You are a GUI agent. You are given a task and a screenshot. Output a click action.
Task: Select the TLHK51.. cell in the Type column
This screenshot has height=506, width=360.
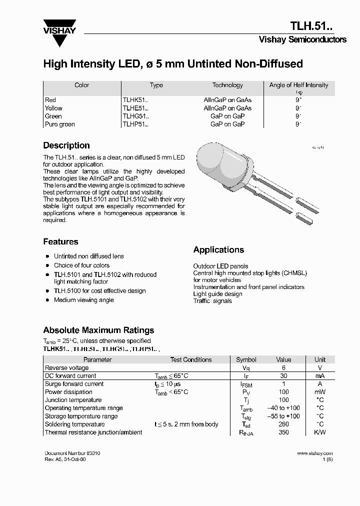pos(135,100)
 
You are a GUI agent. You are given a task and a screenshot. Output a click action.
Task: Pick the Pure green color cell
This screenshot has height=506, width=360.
pos(59,124)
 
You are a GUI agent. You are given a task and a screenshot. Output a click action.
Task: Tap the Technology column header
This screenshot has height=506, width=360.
pos(227,85)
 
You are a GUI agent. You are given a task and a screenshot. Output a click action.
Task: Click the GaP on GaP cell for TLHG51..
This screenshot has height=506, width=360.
pos(227,116)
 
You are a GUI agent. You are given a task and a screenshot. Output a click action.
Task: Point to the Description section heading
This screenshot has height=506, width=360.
pos(66,145)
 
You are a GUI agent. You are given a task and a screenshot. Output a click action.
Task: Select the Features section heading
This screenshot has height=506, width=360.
pos(60,241)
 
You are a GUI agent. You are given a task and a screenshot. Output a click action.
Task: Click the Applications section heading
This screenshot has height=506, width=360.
pos(218,249)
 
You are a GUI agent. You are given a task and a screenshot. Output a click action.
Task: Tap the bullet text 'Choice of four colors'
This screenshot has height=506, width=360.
pos(81,265)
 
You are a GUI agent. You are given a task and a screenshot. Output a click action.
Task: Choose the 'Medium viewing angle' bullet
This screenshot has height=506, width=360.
pos(83,300)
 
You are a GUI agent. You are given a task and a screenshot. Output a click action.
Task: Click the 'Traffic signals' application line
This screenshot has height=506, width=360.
pos(212,301)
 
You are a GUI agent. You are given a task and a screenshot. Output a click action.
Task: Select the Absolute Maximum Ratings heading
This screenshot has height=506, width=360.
pos(98,330)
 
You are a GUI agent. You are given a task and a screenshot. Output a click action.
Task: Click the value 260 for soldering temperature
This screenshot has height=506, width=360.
pos(283,424)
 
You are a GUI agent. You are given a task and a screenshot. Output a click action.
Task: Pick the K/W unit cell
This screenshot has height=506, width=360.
pos(319,432)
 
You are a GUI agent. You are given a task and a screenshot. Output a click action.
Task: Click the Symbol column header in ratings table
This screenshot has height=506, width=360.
pos(246,359)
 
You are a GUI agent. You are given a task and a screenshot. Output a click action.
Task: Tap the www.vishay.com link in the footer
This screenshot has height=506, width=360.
pos(314,453)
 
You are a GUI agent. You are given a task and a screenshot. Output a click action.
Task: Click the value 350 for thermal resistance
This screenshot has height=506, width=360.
pos(283,432)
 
